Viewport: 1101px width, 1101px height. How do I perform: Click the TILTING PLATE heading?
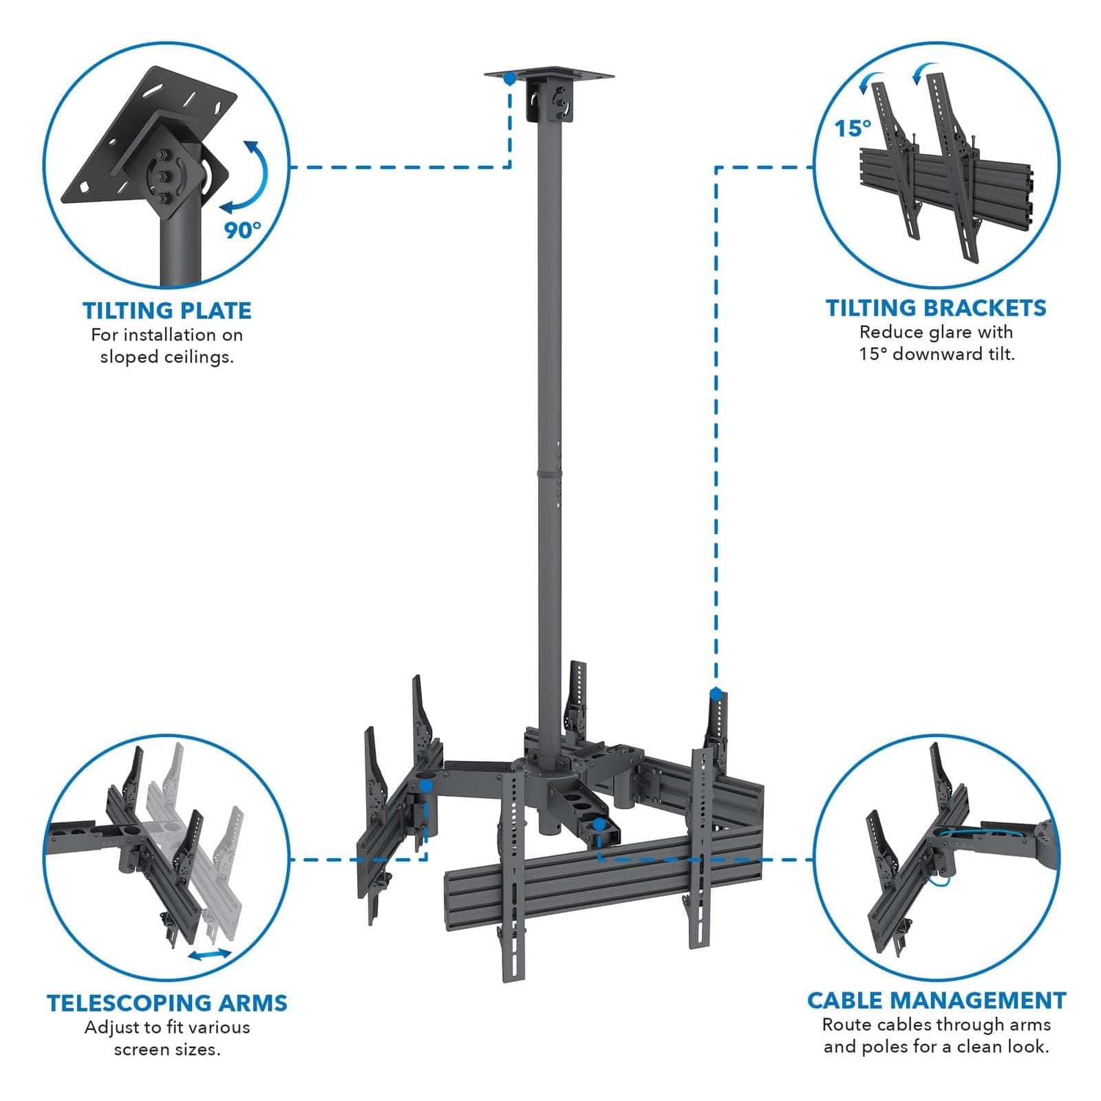point(167,310)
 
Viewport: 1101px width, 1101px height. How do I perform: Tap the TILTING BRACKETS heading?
point(936,308)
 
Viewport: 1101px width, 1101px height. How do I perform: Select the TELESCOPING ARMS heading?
point(167,1003)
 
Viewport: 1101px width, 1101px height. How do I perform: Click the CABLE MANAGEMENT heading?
point(937,1000)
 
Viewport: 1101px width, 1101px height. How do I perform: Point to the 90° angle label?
point(242,229)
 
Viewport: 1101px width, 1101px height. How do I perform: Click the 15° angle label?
point(853,128)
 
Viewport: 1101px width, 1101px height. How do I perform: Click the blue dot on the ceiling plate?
point(509,78)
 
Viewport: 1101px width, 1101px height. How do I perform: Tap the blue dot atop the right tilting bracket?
point(716,693)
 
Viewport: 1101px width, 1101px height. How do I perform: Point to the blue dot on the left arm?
point(426,784)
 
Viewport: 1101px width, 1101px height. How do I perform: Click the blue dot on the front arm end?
point(599,823)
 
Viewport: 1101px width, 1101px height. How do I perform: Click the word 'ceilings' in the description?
point(198,357)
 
